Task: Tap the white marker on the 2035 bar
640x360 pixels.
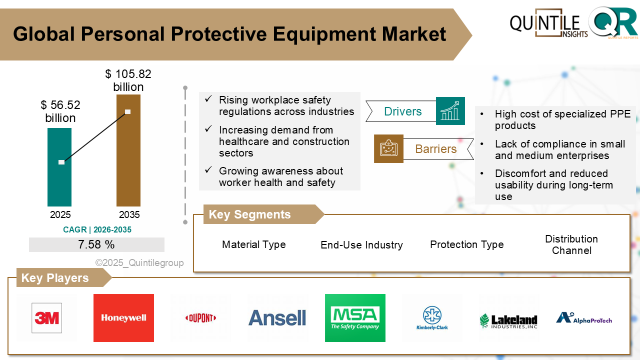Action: (x=128, y=111)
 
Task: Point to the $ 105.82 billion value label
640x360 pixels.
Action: (x=128, y=80)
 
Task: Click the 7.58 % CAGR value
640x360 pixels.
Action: (x=96, y=244)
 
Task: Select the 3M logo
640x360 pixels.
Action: (x=46, y=317)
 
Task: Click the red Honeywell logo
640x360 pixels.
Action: (x=123, y=317)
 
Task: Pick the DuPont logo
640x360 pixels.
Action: (x=200, y=318)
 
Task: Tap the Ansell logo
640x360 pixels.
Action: (x=277, y=318)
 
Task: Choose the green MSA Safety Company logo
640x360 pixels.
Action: (x=355, y=317)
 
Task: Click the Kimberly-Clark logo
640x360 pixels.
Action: (x=432, y=318)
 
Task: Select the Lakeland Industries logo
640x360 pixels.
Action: (x=508, y=320)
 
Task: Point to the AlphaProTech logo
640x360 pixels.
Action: (x=584, y=318)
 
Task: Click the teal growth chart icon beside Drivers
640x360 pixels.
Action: (x=450, y=111)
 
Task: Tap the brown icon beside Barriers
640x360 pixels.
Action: (x=388, y=148)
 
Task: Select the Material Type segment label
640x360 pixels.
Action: (x=254, y=244)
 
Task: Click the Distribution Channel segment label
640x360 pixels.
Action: (x=571, y=244)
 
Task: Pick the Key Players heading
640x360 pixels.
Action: (x=55, y=278)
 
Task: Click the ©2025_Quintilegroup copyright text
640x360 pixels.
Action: (x=139, y=262)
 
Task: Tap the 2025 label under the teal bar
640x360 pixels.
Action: (x=60, y=214)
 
